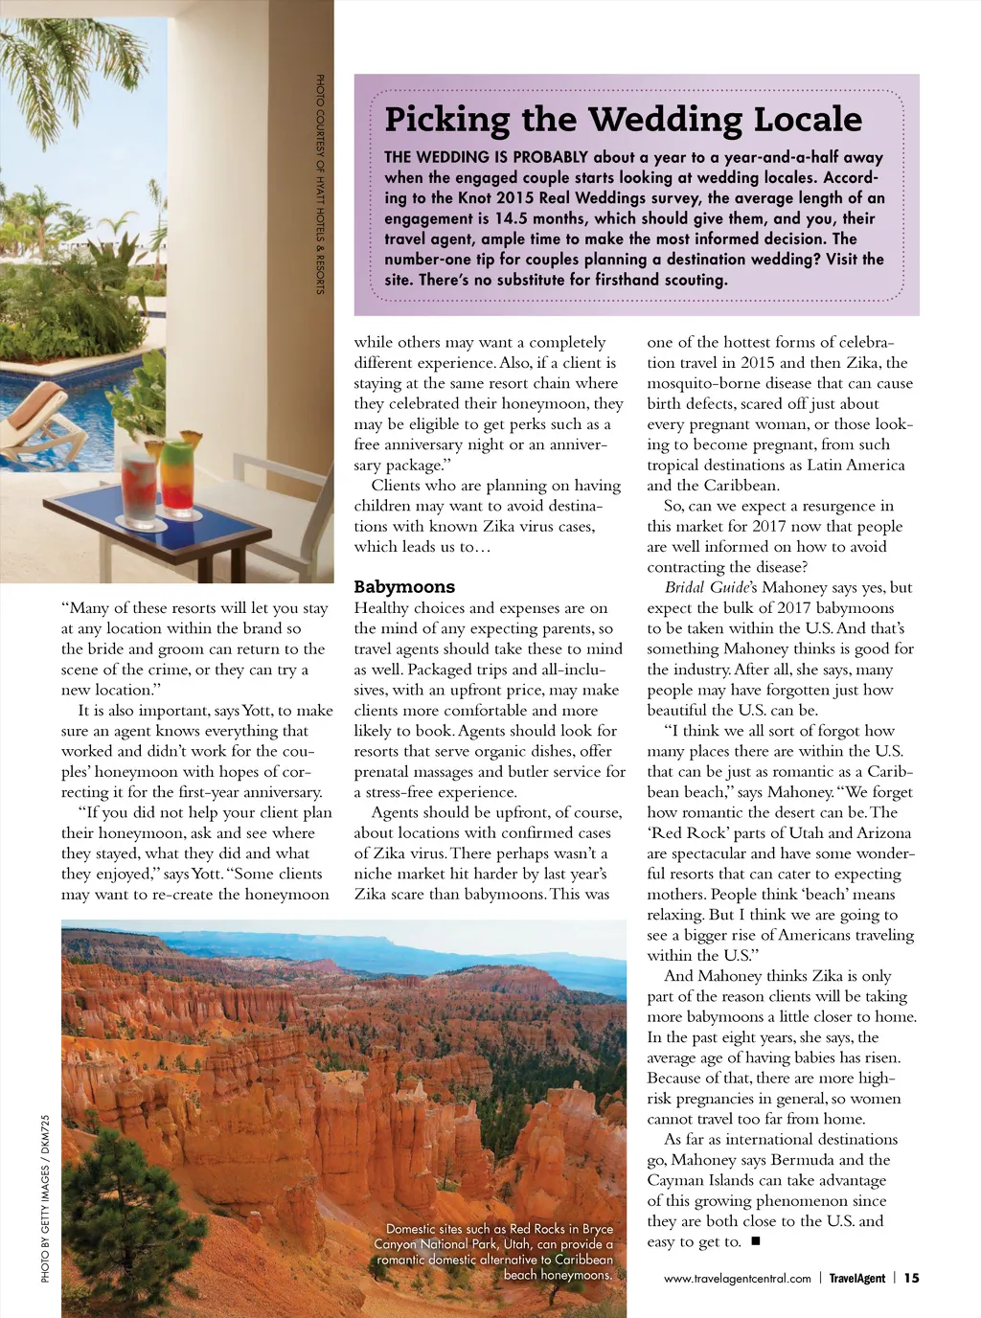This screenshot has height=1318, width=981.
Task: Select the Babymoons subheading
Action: pyautogui.click(x=404, y=587)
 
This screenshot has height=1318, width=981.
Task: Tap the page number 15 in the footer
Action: pyautogui.click(x=911, y=1278)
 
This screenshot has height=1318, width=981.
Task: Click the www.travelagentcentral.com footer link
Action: pyautogui.click(x=737, y=1279)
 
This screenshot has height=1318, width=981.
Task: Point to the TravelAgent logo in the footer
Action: pyautogui.click(x=856, y=1279)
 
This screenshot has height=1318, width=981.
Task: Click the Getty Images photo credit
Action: pyautogui.click(x=45, y=1197)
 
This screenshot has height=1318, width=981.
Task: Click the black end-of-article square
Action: pyautogui.click(x=755, y=1241)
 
